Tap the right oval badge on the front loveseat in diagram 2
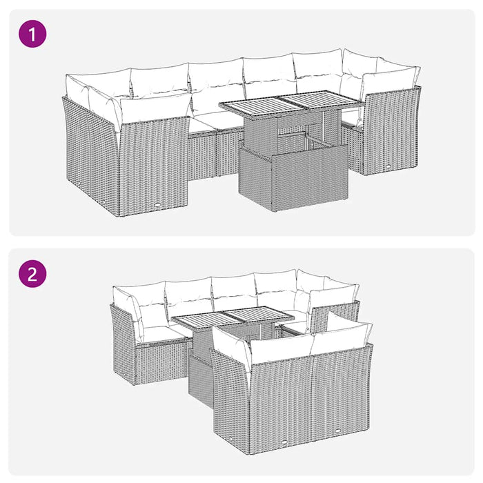coord(341,433)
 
